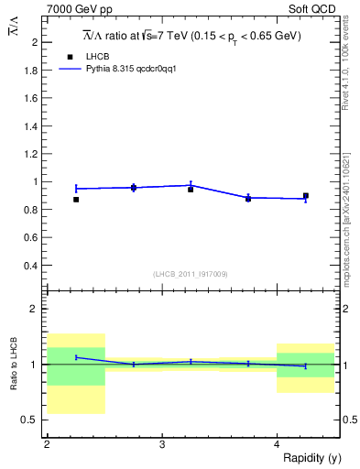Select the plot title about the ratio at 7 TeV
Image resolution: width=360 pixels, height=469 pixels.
pos(191,36)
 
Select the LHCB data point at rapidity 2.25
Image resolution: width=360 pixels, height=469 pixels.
pos(76,199)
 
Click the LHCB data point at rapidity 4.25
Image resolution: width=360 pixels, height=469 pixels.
pos(306,196)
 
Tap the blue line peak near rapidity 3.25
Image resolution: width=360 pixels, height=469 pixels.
pos(191,184)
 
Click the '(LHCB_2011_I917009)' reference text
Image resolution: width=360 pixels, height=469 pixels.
pos(191,273)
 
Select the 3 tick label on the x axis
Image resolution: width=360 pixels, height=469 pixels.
pos(162,443)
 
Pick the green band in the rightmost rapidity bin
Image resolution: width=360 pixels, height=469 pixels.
pos(306,365)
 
